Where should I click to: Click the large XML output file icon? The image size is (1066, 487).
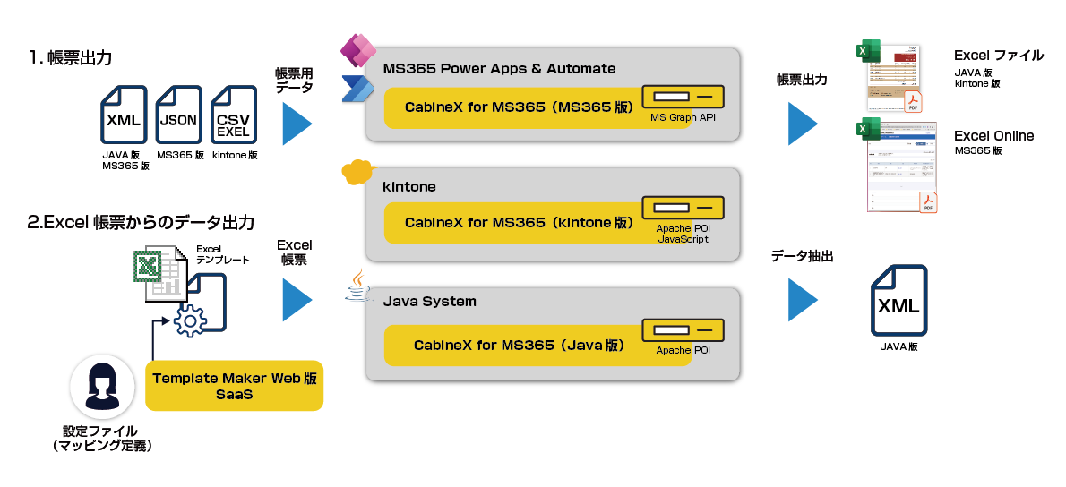point(898,300)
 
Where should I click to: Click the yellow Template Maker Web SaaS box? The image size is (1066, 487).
point(234,386)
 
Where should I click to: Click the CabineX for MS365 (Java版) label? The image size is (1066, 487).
point(519,345)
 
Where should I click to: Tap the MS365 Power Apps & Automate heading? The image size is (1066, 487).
point(499,69)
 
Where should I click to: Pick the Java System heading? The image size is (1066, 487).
point(429,302)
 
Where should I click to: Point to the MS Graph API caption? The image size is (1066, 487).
point(683,117)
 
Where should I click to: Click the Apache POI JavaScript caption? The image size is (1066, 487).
point(683,234)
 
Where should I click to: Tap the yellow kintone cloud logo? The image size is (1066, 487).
point(357,171)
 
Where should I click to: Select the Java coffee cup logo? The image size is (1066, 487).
point(357,285)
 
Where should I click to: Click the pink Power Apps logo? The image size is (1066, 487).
point(355,50)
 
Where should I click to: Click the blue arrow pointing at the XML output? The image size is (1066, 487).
point(803,300)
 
